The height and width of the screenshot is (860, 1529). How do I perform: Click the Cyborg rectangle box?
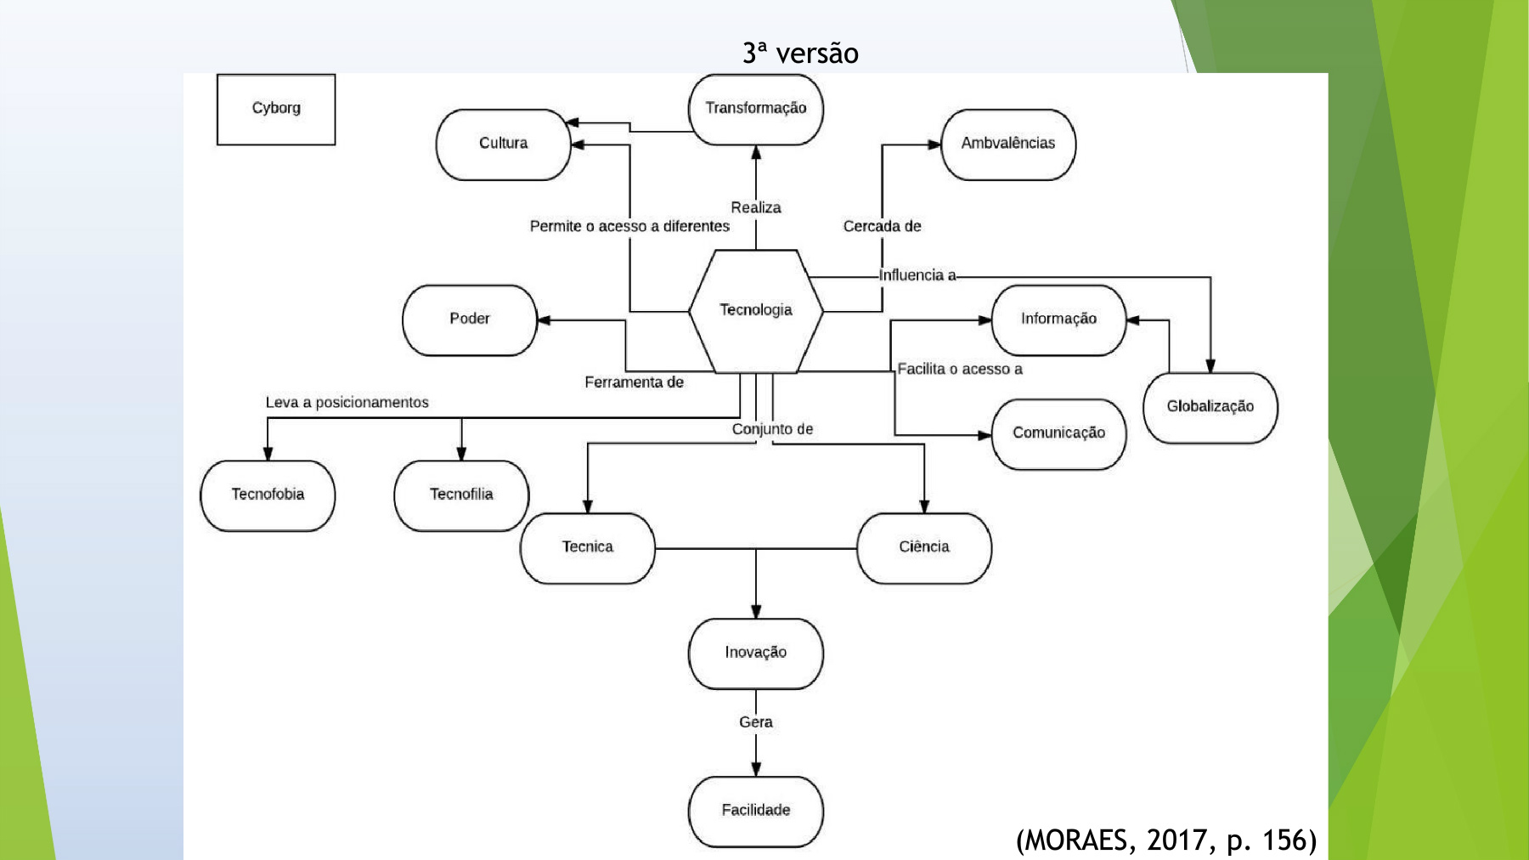click(276, 109)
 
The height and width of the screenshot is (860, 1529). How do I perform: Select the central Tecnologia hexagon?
click(755, 310)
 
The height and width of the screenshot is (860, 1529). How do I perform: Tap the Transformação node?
click(755, 109)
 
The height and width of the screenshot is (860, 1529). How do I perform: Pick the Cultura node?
click(503, 144)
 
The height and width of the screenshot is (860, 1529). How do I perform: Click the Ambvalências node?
click(1007, 144)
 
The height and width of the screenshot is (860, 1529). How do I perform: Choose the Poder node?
click(470, 319)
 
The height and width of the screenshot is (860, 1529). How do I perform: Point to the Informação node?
click(1058, 319)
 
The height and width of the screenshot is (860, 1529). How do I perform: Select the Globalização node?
click(1210, 407)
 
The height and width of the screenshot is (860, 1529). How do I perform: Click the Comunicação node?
click(1058, 433)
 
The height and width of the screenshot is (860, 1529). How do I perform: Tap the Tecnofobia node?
click(268, 495)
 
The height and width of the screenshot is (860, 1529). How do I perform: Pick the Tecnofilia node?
click(461, 495)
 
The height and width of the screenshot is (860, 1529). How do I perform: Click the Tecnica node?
click(587, 547)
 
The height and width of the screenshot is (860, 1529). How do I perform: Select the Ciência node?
click(924, 547)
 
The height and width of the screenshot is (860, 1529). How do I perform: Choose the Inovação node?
click(755, 653)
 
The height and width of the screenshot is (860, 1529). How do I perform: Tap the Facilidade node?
click(755, 811)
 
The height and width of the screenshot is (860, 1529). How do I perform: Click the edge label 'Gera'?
click(755, 722)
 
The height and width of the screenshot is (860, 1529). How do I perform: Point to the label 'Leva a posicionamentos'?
click(347, 403)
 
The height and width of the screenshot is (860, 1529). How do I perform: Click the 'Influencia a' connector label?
click(917, 275)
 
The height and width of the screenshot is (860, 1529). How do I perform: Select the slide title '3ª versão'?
click(800, 54)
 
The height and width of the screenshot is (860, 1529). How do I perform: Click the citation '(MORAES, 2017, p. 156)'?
click(1165, 840)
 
